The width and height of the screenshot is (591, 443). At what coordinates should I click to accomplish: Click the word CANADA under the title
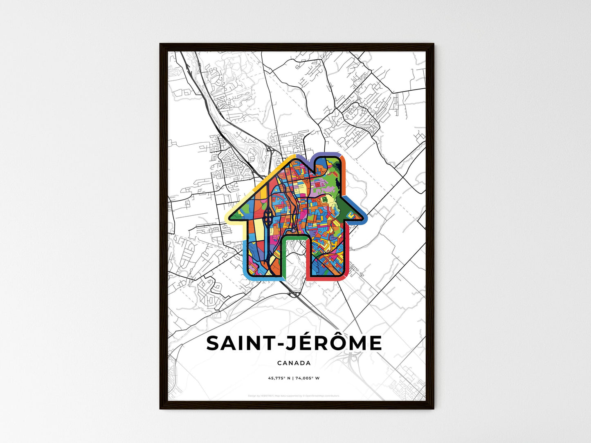tap(294, 363)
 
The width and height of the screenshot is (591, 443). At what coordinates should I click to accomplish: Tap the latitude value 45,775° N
tap(279, 378)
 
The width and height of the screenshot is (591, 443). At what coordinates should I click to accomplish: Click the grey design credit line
tap(294, 396)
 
